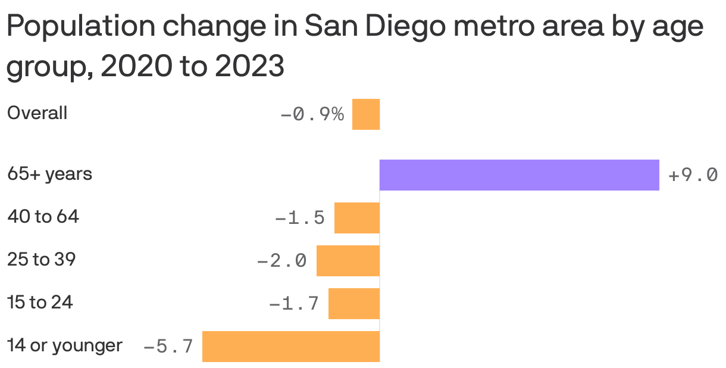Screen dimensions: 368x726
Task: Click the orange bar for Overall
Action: [366, 114]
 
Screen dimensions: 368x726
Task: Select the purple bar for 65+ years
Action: [519, 175]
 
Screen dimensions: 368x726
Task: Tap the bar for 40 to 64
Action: [357, 218]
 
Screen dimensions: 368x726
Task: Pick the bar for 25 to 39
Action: [348, 261]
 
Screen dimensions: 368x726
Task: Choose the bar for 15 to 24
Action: [354, 304]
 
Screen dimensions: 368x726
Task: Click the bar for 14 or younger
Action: [291, 347]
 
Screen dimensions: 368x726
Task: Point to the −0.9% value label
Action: [312, 114]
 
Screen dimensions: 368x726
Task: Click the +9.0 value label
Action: [693, 176]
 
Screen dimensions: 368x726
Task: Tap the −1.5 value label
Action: [300, 219]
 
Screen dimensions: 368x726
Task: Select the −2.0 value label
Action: [282, 261]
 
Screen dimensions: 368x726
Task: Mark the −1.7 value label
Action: [294, 304]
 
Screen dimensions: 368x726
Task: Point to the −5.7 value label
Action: [168, 347]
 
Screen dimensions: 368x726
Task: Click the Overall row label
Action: [37, 113]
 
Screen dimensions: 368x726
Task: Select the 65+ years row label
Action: [49, 174]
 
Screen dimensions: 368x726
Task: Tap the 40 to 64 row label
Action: [43, 217]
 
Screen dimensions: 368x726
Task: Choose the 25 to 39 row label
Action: [41, 260]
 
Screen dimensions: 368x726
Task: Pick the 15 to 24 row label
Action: [40, 302]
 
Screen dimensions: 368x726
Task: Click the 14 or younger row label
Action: [64, 345]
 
